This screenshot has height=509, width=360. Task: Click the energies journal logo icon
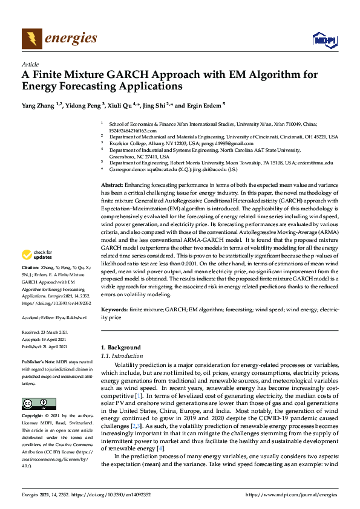[x=31, y=39]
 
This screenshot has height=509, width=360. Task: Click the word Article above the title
[x=30, y=64]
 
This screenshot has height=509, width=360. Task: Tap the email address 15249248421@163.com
[x=133, y=130]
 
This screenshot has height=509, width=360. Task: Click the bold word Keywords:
[x=114, y=309]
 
